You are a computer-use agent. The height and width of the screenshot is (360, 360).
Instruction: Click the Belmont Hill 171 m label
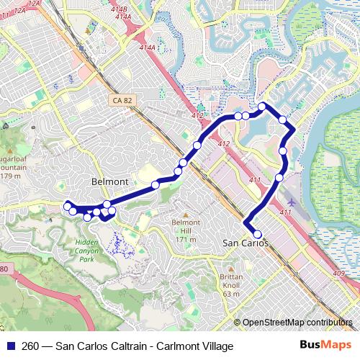click(184, 230)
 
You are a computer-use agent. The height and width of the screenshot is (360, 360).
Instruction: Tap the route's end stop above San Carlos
click(257, 233)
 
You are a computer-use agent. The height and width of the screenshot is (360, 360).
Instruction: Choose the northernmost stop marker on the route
click(262, 107)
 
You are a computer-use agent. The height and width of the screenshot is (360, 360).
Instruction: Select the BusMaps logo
click(326, 346)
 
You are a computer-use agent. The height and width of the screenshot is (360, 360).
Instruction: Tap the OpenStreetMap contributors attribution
click(296, 323)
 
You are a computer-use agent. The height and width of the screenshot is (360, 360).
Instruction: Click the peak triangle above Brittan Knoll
click(231, 269)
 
